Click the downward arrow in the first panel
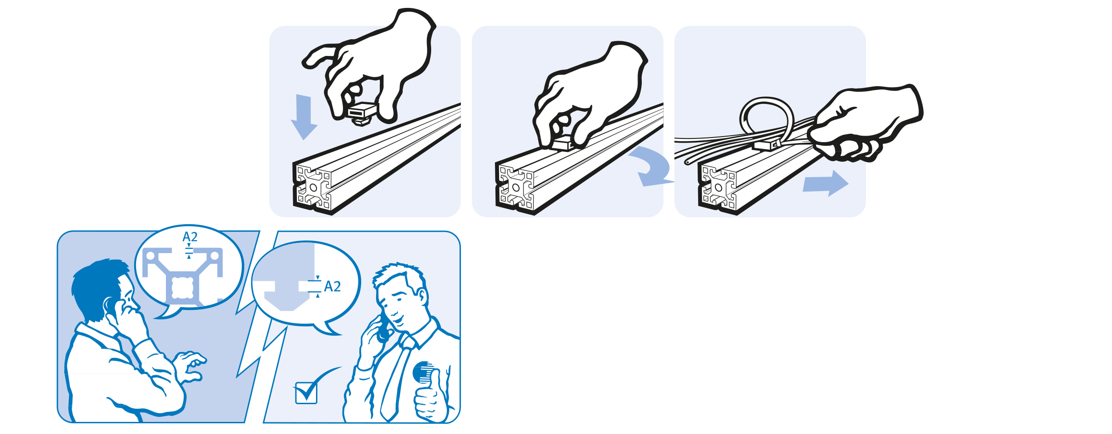coord(304,117)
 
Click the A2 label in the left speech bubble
coord(190,237)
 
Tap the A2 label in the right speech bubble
coord(332,286)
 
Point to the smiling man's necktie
coord(396,378)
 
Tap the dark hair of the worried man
coord(96,287)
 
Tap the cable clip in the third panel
coord(767,145)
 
